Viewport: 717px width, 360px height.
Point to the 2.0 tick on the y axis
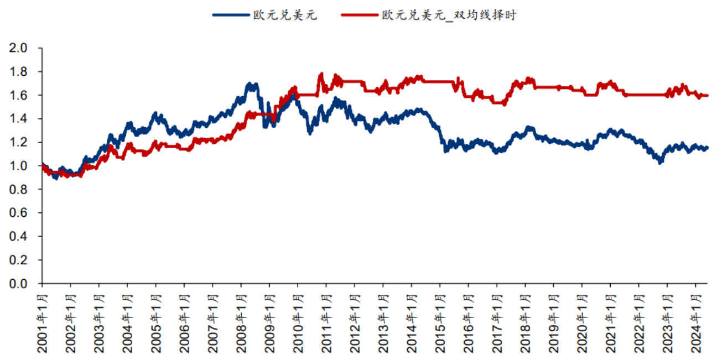pos(19,48)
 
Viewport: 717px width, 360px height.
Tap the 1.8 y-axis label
pos(19,72)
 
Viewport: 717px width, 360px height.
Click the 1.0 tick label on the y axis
pos(19,166)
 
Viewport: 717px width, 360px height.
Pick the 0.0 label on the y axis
pos(19,284)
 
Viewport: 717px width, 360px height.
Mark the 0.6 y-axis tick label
pos(19,213)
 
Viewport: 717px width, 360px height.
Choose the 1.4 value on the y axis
pos(19,119)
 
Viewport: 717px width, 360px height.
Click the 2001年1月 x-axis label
pos(43,321)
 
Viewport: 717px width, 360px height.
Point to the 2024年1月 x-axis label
pos(696,321)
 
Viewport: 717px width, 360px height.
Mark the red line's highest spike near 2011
pos(321,74)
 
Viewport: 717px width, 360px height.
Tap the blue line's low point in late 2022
pos(659,163)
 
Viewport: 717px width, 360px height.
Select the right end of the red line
pos(707,96)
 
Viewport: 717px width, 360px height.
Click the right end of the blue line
pos(707,148)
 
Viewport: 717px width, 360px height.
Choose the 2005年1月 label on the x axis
pos(156,321)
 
